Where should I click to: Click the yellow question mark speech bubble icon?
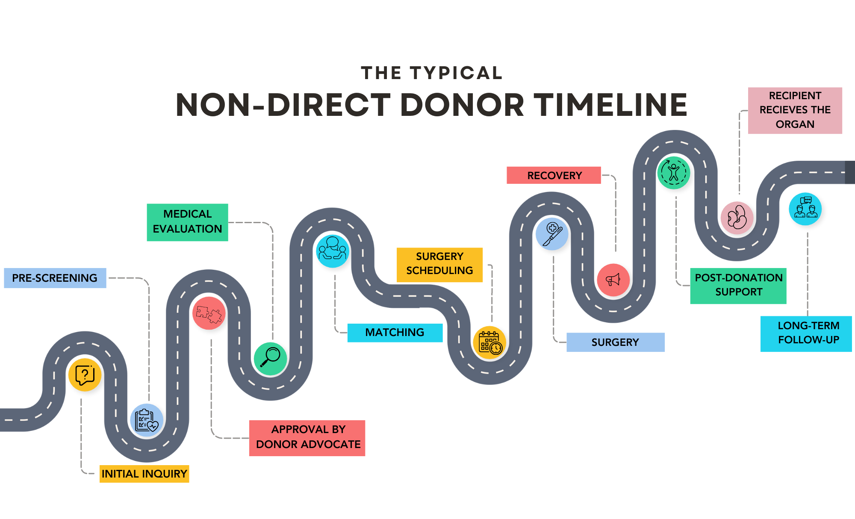85,375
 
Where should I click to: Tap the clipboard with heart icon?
146,420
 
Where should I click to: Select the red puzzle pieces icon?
209,313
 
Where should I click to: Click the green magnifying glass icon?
270,358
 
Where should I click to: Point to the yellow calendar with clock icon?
489,342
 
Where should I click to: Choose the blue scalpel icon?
552,234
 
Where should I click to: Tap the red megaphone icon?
613,280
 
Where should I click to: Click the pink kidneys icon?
737,218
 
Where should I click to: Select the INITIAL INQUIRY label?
144,474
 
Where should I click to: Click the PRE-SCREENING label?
55,278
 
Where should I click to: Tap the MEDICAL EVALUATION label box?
187,222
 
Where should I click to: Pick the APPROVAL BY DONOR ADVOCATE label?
307,437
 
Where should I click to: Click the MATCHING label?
395,333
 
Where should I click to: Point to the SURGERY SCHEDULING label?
439,264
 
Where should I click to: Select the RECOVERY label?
554,175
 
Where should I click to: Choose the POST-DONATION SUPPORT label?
738,285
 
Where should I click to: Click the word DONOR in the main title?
462,105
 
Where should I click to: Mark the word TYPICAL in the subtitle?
456,73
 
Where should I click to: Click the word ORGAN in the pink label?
795,124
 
